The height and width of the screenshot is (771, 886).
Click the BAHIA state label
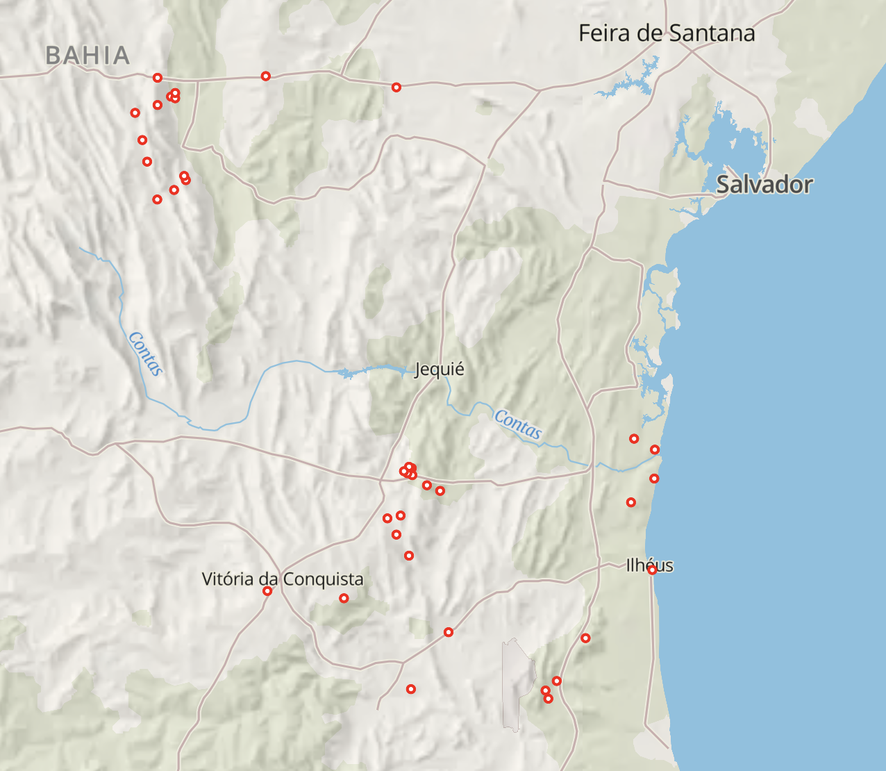pos(87,56)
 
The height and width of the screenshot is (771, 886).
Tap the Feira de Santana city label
pos(667,33)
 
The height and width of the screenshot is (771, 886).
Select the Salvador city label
pos(764,185)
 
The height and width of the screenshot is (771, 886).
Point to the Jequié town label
pos(439,369)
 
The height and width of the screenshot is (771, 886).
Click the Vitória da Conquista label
pos(283,579)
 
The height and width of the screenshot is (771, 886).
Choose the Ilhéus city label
pos(649,565)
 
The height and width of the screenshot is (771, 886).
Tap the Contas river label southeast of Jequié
pos(517,424)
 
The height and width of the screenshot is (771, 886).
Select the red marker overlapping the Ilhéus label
pos(652,570)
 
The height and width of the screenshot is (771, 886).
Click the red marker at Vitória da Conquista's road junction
pos(267,591)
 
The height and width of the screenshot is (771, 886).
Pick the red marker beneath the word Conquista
pos(344,598)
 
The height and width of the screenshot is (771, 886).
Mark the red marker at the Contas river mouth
pos(655,450)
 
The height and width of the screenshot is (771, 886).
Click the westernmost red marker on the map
pos(135,113)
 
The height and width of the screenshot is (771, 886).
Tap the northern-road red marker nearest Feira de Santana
pos(396,88)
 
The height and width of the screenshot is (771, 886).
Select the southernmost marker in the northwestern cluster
pos(158,199)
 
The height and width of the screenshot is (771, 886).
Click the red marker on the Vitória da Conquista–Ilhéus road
pos(449,632)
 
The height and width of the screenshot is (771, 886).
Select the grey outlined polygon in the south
pos(517,684)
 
